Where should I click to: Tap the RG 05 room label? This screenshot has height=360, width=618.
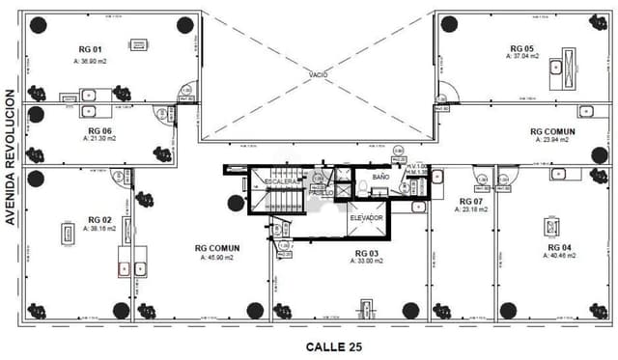[521, 48]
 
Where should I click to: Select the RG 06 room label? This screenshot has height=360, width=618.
[99, 131]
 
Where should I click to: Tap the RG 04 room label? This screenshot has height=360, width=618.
[560, 248]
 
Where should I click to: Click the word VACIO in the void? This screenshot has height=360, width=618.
[320, 74]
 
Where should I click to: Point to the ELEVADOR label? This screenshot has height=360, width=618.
[366, 218]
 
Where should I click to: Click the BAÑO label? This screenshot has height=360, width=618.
[380, 178]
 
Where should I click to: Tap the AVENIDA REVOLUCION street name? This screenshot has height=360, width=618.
[11, 159]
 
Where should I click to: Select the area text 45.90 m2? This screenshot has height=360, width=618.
[219, 258]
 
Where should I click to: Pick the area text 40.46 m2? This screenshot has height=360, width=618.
[560, 258]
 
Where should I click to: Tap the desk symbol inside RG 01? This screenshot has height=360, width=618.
[138, 44]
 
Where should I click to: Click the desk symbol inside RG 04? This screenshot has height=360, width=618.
[551, 226]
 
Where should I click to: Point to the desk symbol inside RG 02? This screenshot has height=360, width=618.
[69, 234]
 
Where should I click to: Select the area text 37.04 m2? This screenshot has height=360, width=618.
[522, 57]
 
